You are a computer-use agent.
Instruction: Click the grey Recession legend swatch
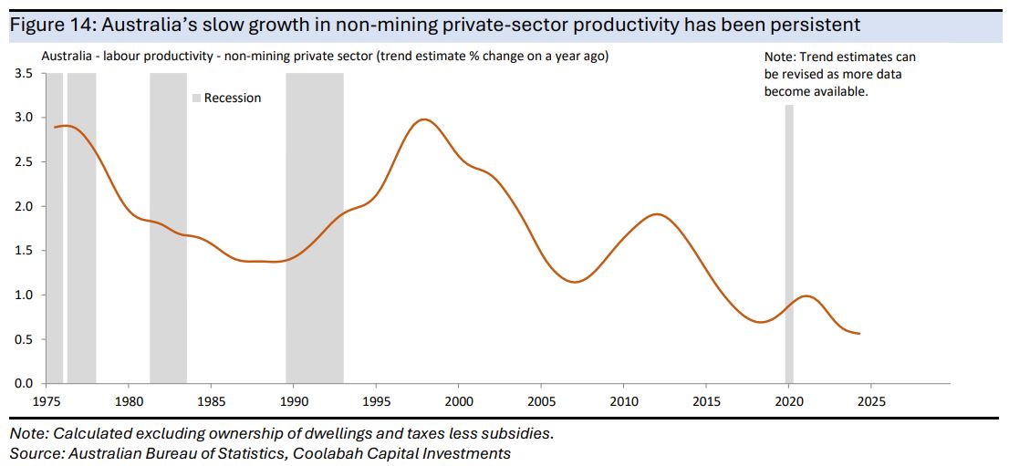click(195, 98)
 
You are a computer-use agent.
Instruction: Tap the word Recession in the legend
click(233, 98)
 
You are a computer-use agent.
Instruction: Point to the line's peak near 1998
click(424, 119)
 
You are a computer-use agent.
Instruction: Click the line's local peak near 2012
click(656, 214)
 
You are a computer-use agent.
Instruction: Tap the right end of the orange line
click(859, 334)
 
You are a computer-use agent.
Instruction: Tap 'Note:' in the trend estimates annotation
click(781, 57)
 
